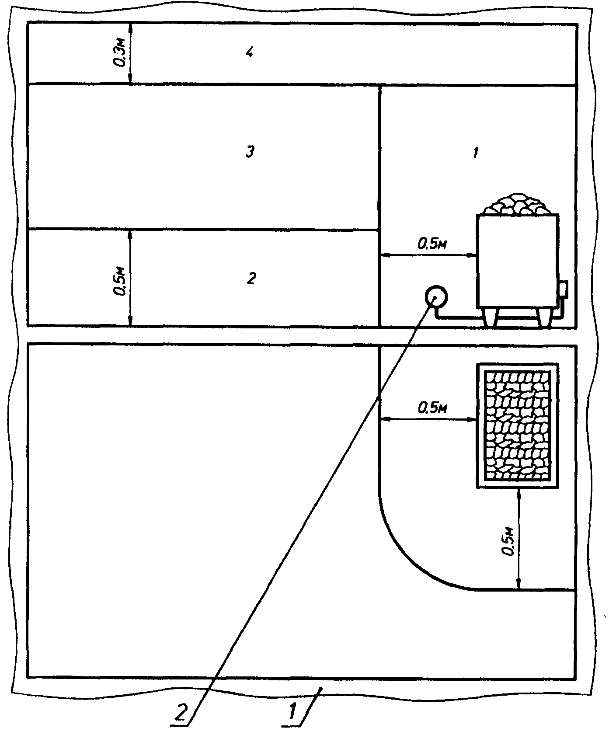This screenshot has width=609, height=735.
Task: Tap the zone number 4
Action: click(250, 53)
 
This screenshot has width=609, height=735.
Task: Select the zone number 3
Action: click(250, 152)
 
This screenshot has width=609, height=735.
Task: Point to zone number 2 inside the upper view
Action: click(251, 278)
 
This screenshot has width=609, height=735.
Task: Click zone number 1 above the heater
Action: click(475, 153)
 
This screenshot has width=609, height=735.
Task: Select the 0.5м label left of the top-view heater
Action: click(432, 408)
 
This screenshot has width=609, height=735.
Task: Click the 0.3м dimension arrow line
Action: click(131, 53)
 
